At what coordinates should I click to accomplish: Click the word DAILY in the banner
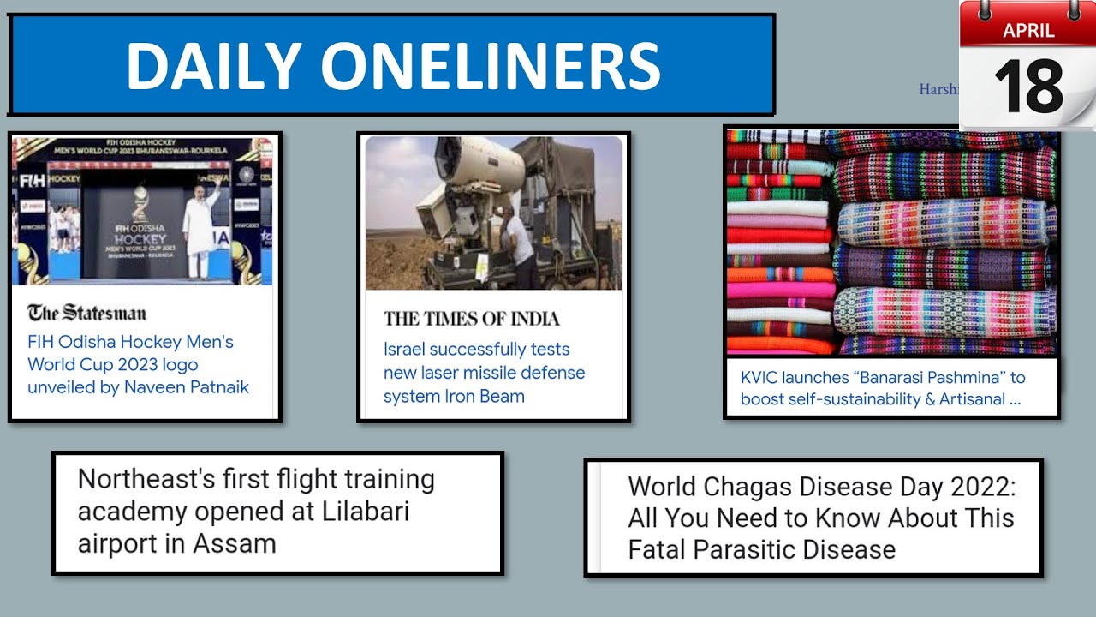click(x=214, y=66)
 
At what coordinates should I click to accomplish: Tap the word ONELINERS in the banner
click(x=491, y=66)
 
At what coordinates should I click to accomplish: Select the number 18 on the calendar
click(x=1028, y=87)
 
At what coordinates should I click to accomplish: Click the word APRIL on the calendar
click(x=1028, y=32)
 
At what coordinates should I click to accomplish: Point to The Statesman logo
click(x=86, y=313)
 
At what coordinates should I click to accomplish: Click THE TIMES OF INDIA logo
click(x=471, y=319)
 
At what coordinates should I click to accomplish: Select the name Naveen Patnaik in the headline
click(x=187, y=387)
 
